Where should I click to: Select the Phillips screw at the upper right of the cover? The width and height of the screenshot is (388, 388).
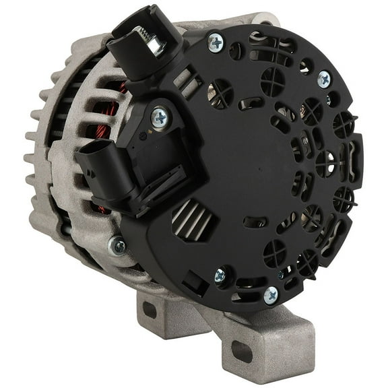pyautogui.click(x=324, y=79)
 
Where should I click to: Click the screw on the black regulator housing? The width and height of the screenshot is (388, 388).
pyautogui.click(x=160, y=118)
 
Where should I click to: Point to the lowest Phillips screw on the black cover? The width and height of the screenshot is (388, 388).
pyautogui.click(x=270, y=294)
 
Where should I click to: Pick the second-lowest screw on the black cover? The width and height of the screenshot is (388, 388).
pyautogui.click(x=220, y=275)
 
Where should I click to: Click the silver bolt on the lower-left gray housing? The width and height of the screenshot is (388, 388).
pyautogui.click(x=118, y=246)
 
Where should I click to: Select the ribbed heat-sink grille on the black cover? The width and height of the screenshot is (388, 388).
pyautogui.click(x=190, y=218)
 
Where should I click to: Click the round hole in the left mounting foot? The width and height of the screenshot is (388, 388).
pyautogui.click(x=150, y=310)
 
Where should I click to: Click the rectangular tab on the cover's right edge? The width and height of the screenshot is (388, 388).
pyautogui.click(x=356, y=158)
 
